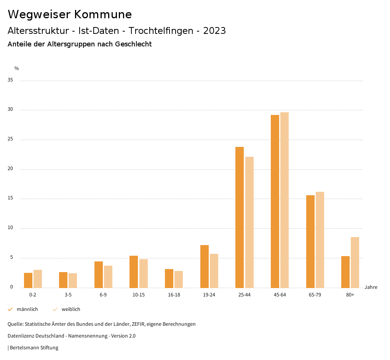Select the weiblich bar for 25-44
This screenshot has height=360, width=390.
coord(249,222)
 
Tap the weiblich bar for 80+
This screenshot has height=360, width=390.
coord(355,262)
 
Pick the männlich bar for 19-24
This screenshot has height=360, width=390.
coord(205,266)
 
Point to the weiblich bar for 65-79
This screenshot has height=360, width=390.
coord(320,240)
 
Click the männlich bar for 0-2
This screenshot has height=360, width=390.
coord(28,280)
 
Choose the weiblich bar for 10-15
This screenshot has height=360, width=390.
coord(144,273)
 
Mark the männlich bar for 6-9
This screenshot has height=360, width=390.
coord(99,274)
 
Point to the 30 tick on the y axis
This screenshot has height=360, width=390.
coord(10,110)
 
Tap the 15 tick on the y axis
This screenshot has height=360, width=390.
coord(10,198)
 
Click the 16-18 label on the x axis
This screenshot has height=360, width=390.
coord(174,295)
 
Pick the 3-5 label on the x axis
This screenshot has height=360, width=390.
coord(68,295)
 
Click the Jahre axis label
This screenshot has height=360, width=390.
coord(371,287)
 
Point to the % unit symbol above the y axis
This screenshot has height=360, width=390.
coord(17,68)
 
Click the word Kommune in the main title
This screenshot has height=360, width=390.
coord(103,14)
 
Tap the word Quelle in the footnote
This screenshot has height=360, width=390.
coord(15,324)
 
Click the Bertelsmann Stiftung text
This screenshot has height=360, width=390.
coord(34,348)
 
